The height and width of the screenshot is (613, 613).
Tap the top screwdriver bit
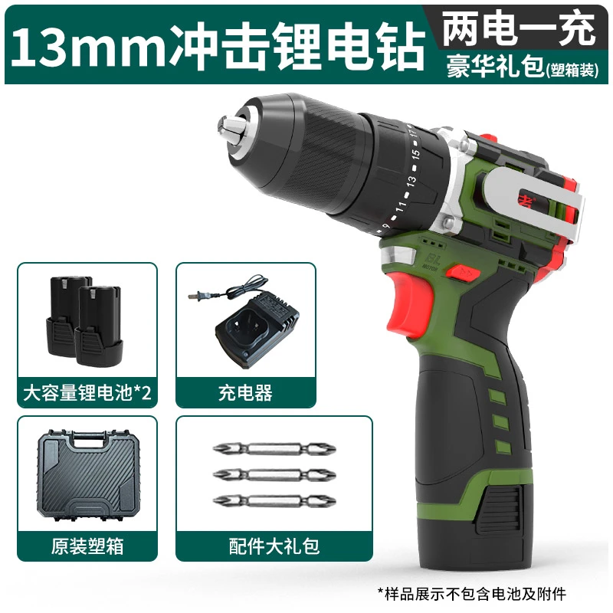click(x=274, y=451)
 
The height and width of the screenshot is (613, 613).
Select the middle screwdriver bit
click(x=274, y=476)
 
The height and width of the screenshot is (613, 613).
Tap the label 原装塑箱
click(x=87, y=546)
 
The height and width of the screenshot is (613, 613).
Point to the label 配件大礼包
click(x=274, y=546)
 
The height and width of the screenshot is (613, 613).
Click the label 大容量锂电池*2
click(x=87, y=394)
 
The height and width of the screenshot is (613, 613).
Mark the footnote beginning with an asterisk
click(x=485, y=593)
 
